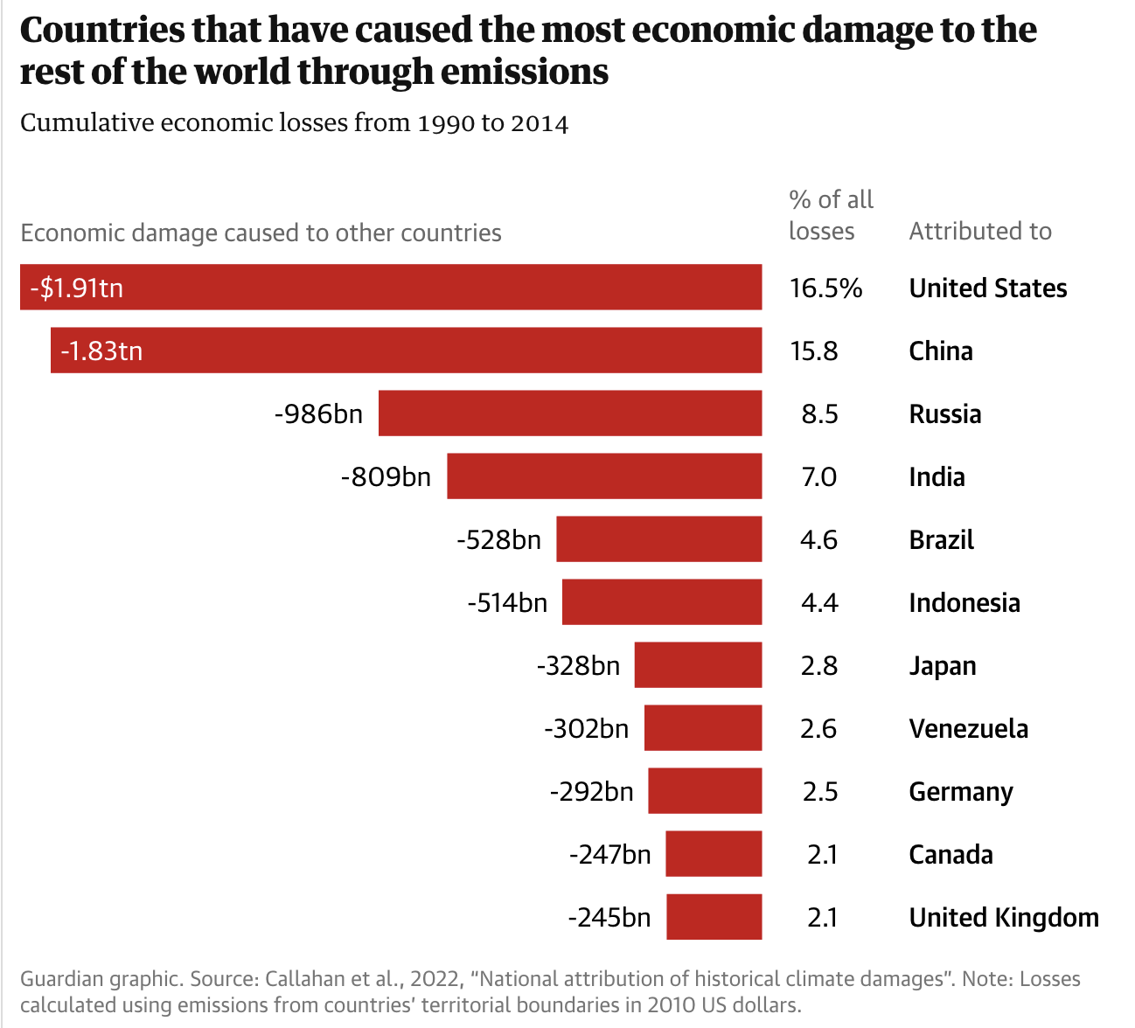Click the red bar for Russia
[569, 413]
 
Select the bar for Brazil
[658, 539]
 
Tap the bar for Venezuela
[702, 728]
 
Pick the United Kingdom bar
[714, 917]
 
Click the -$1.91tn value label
[76, 288]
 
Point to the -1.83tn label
[101, 351]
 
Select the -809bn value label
[386, 476]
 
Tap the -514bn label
[507, 602]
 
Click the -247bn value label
[609, 854]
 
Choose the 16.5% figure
[825, 288]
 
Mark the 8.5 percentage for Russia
[819, 413]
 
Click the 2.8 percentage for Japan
[818, 665]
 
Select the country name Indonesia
[964, 602]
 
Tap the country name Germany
[961, 791]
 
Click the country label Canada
[950, 854]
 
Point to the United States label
[988, 288]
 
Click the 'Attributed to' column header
[980, 231]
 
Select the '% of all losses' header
[830, 215]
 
